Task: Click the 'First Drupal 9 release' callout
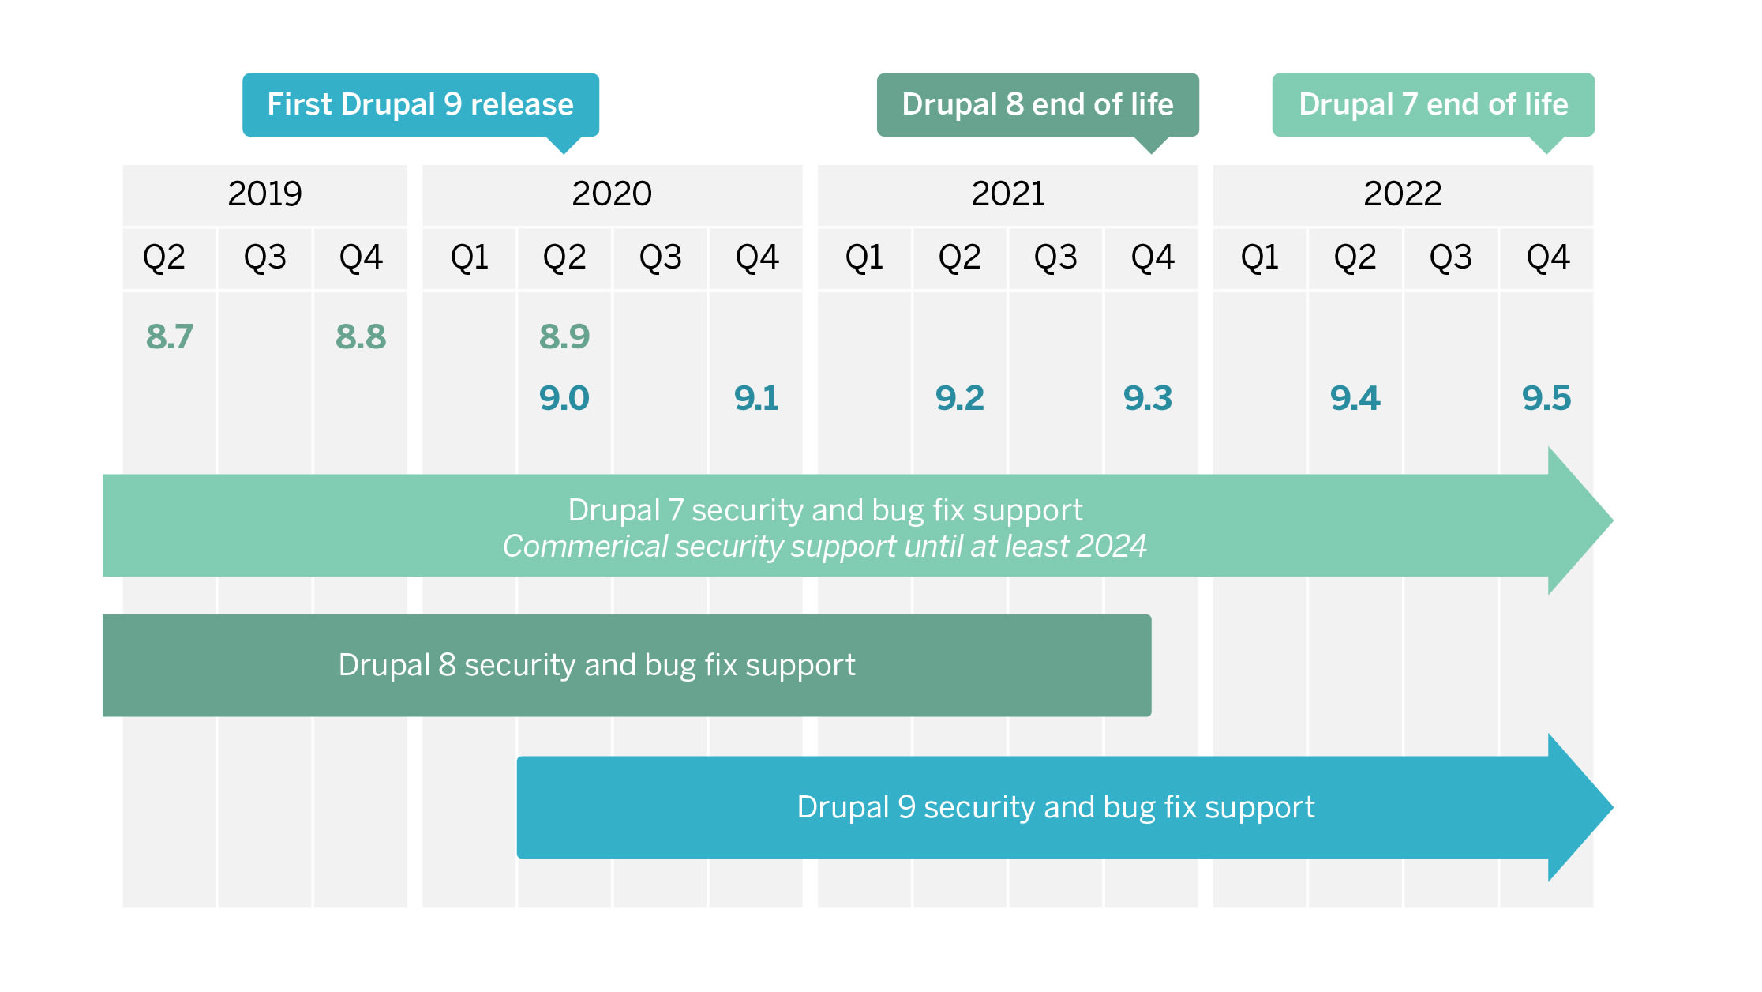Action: click(420, 104)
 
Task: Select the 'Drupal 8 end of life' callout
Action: click(1037, 104)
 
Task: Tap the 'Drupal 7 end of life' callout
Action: click(1433, 104)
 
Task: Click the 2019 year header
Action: click(264, 194)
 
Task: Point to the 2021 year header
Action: click(1007, 194)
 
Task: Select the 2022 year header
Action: click(1402, 194)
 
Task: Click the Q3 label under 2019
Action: click(264, 257)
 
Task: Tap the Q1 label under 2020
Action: click(469, 257)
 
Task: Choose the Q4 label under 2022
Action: click(1547, 257)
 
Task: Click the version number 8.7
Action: click(169, 336)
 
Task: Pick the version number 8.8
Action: click(361, 336)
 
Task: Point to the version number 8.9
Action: click(564, 336)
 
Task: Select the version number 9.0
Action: click(564, 398)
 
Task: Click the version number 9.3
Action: click(1148, 398)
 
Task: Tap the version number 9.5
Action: click(1546, 398)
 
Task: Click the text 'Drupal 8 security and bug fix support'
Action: click(597, 665)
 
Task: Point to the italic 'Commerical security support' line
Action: click(824, 547)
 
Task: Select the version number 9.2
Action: click(959, 398)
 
